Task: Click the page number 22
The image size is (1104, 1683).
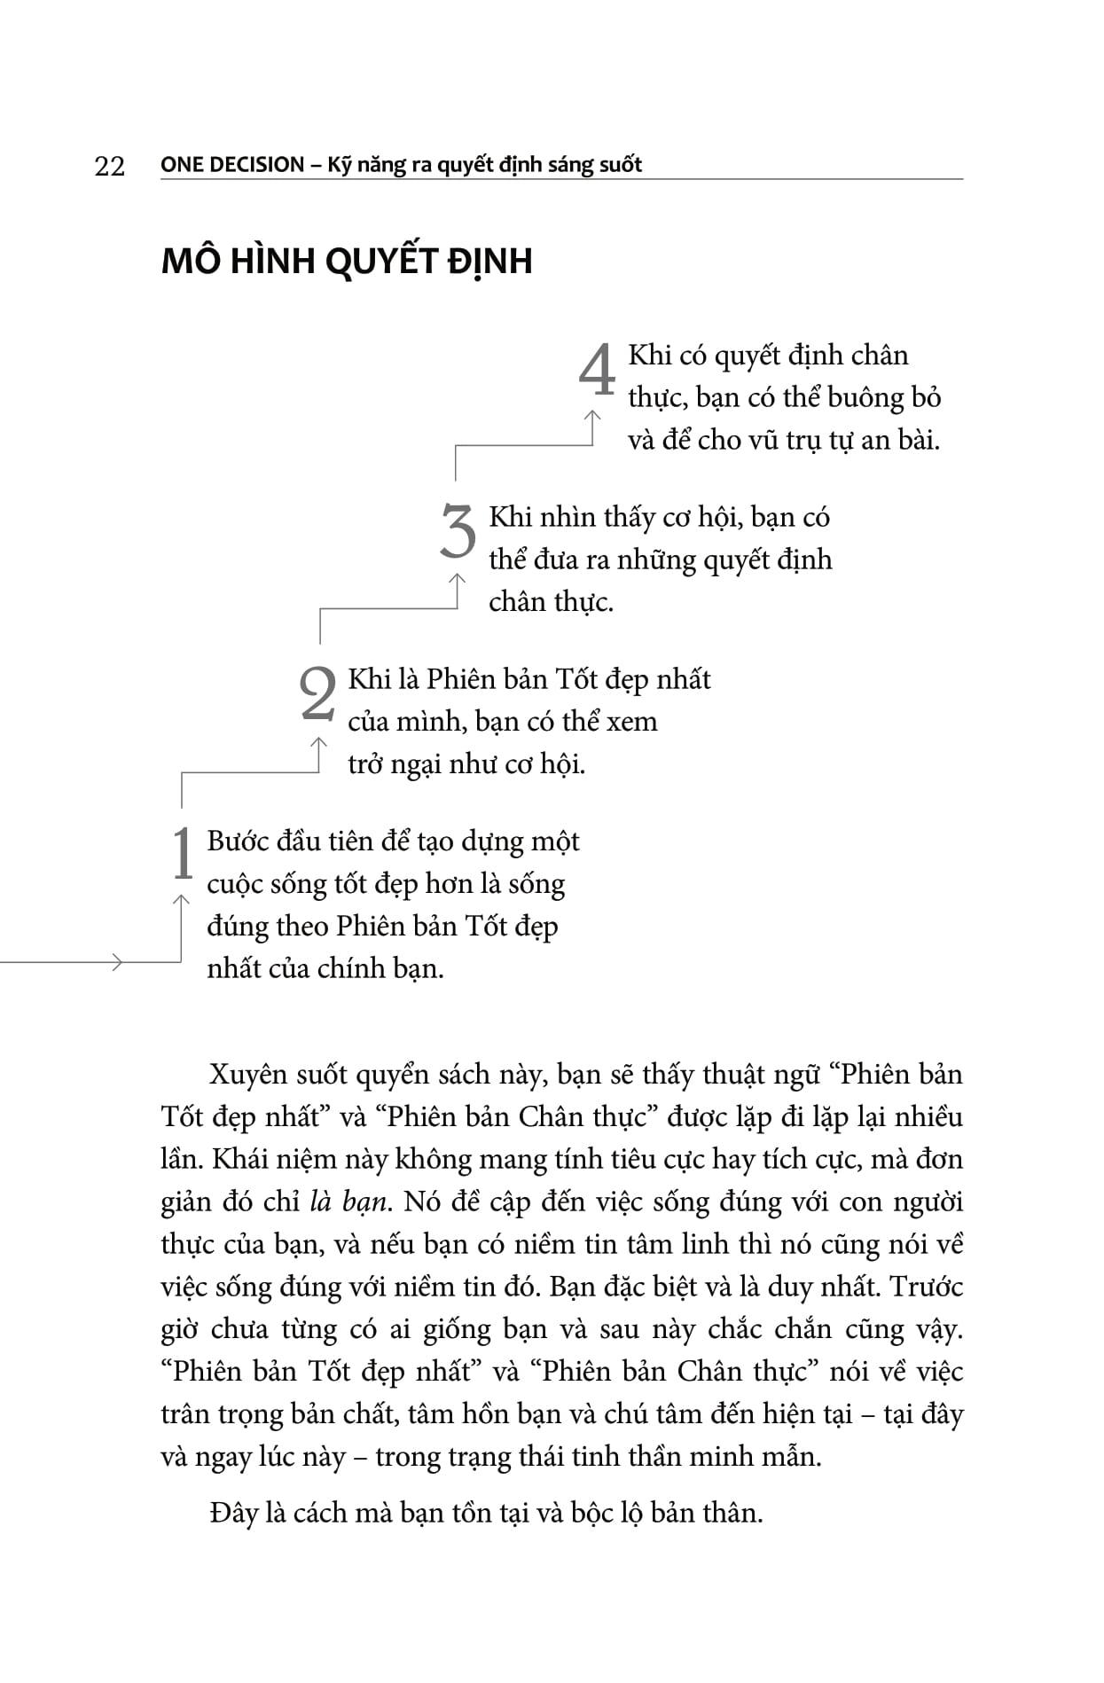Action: pos(110,166)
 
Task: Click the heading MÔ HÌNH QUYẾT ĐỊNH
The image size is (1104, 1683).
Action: pos(347,261)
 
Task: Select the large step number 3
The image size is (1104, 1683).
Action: pos(458,532)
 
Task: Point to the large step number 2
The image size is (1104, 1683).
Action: pos(318,693)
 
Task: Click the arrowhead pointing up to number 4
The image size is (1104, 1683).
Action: pos(592,415)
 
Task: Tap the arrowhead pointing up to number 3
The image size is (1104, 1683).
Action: pos(458,578)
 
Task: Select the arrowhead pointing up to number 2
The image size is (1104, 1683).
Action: pos(318,741)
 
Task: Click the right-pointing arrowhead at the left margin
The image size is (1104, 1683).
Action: pos(117,961)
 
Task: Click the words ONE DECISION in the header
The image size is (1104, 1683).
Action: pos(232,164)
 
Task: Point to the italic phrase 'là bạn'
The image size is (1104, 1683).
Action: pos(348,1202)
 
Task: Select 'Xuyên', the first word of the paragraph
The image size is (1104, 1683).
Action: pos(248,1075)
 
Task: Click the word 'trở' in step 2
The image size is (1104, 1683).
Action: pos(364,763)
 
